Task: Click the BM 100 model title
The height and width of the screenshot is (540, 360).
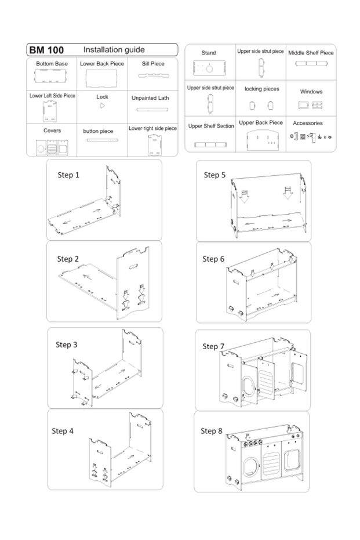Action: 47,50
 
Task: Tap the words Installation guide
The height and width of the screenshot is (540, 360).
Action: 114,50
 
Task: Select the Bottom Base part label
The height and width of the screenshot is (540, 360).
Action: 52,64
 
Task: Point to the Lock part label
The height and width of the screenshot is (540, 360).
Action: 102,97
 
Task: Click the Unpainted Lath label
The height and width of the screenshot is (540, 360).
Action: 150,98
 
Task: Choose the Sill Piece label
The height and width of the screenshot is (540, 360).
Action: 152,64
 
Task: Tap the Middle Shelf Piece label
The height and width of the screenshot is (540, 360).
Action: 311,53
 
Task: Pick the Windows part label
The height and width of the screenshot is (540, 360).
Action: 311,92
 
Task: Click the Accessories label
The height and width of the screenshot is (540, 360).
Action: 308,123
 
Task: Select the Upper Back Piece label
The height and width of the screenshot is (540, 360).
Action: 261,122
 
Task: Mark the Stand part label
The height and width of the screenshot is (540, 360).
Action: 209,53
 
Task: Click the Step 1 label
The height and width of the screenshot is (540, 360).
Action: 68,175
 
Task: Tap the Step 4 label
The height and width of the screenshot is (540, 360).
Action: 63,430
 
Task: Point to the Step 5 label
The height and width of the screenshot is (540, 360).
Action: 214,175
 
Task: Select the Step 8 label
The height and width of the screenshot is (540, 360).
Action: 212,430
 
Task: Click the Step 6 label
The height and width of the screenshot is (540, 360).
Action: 213,259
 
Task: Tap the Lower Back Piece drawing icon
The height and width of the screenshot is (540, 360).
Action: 102,78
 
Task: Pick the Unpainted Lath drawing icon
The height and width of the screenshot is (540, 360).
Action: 150,109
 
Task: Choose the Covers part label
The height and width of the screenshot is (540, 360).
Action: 52,131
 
